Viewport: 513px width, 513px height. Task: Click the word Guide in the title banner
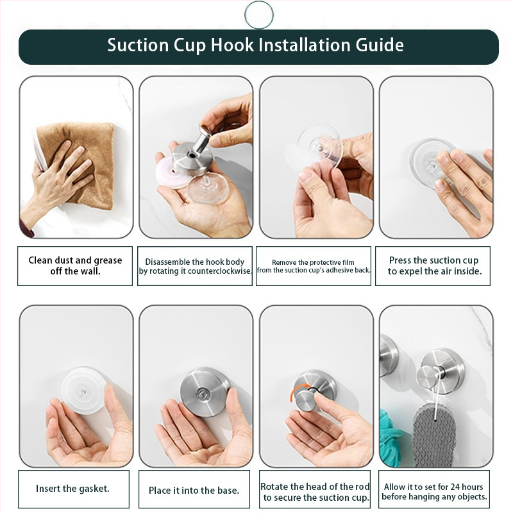(380, 45)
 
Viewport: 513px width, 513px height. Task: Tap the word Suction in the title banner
(138, 45)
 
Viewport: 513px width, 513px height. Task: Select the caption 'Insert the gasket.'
(72, 489)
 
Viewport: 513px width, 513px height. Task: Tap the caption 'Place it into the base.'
(194, 490)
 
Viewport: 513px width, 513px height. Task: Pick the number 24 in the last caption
(455, 487)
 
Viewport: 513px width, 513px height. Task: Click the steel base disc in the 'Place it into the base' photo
(205, 392)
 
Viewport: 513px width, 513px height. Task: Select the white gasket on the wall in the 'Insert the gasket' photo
(83, 389)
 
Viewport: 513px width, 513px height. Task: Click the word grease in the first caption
(108, 260)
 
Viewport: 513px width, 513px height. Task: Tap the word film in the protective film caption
(349, 262)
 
